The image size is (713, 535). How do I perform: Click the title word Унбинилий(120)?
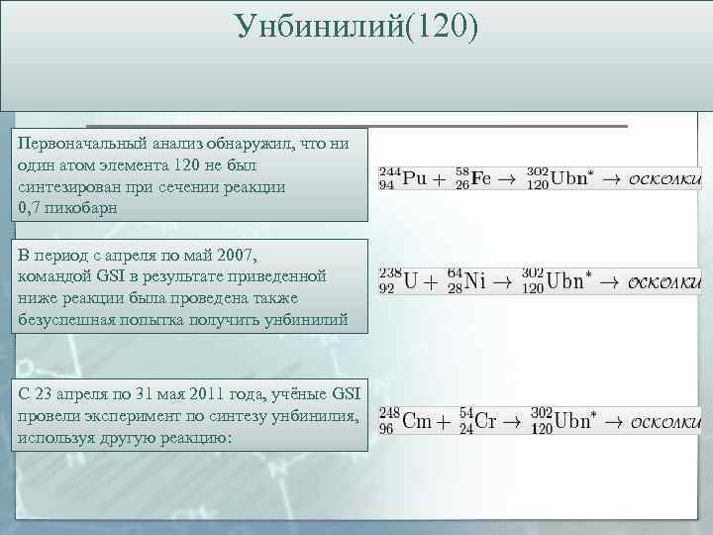[357, 27]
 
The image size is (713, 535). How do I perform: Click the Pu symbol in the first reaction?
[415, 178]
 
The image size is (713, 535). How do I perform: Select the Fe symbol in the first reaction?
[481, 178]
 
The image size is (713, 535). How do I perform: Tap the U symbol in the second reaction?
[408, 281]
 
